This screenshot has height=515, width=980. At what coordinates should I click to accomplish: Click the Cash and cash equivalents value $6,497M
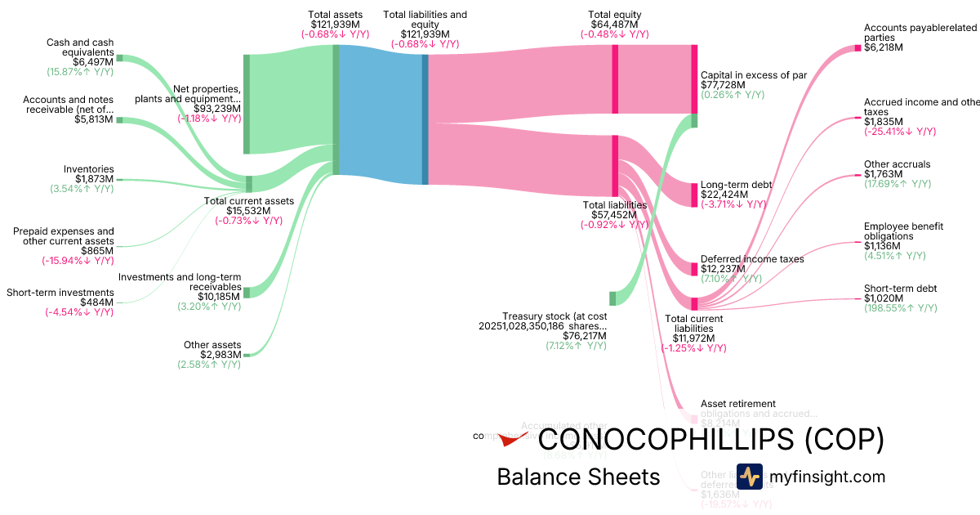click(92, 61)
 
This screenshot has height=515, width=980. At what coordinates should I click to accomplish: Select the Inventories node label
click(89, 169)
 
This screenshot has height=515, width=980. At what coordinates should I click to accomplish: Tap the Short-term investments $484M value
click(97, 302)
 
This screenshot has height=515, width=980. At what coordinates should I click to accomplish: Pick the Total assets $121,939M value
click(336, 25)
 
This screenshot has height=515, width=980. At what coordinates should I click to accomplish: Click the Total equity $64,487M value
click(614, 25)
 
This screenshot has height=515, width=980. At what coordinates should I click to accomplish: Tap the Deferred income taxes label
click(752, 259)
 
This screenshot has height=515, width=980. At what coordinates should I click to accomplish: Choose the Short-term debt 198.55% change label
click(900, 308)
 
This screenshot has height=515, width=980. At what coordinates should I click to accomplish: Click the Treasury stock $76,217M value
click(586, 335)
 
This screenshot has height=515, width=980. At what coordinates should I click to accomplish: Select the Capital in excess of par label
click(753, 75)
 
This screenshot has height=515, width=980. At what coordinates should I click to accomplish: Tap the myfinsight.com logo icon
click(749, 477)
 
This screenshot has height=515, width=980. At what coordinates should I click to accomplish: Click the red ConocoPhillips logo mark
click(514, 439)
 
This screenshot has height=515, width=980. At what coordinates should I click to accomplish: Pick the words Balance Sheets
click(577, 477)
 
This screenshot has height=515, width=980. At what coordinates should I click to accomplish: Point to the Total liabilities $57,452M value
click(614, 214)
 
